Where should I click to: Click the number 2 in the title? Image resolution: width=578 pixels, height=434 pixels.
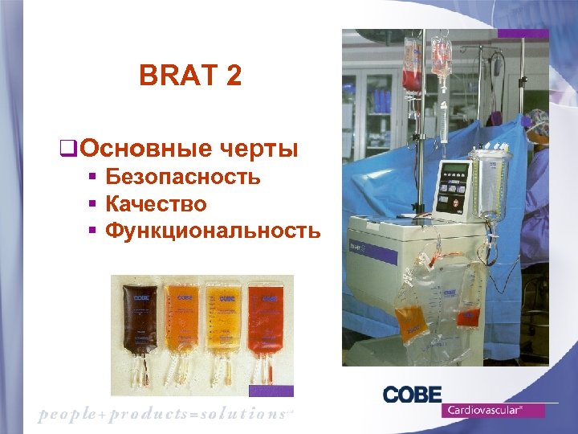(x=233, y=77)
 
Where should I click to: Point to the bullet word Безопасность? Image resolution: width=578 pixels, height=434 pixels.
(x=183, y=177)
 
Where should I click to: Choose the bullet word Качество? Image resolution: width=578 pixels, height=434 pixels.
(x=156, y=204)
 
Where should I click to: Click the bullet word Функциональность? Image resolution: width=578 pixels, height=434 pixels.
(x=213, y=231)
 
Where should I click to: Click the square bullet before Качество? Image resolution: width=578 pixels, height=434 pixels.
(x=93, y=205)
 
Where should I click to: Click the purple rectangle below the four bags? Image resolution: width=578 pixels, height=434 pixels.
(x=271, y=391)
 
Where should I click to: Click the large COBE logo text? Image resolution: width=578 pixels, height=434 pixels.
(x=412, y=395)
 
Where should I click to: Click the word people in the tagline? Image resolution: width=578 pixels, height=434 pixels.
(x=67, y=414)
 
